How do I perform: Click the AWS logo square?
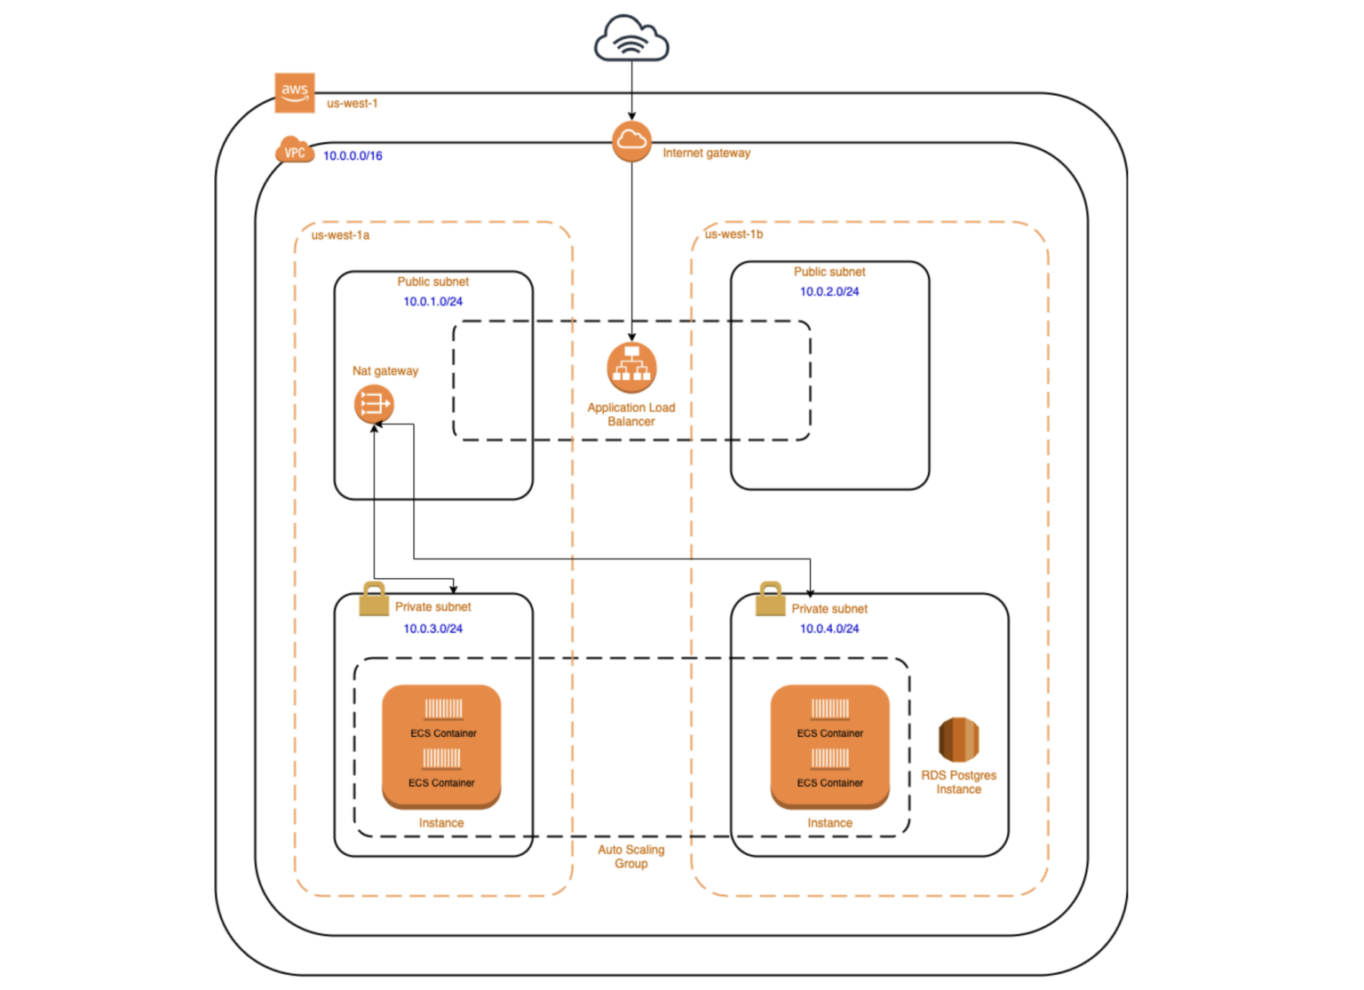click(295, 92)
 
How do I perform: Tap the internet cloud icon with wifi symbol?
click(631, 40)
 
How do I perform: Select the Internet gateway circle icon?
click(631, 141)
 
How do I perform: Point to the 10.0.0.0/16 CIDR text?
click(353, 155)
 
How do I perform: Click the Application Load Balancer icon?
click(631, 367)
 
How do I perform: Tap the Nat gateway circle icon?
click(373, 404)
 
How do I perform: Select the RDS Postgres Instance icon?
click(958, 739)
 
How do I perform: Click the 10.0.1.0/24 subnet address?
click(432, 302)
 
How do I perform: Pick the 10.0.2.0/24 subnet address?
click(829, 291)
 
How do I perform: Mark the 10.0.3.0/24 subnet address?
click(432, 629)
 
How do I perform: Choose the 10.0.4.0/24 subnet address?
click(829, 629)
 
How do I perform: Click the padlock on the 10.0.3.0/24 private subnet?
click(374, 599)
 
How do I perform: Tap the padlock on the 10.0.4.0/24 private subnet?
click(770, 599)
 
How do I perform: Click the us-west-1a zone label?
click(340, 235)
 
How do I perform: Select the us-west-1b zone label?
click(734, 234)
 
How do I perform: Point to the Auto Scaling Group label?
click(630, 856)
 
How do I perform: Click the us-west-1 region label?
click(352, 103)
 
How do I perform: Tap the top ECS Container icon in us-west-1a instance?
click(443, 709)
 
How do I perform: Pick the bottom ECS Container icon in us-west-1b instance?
click(829, 758)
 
